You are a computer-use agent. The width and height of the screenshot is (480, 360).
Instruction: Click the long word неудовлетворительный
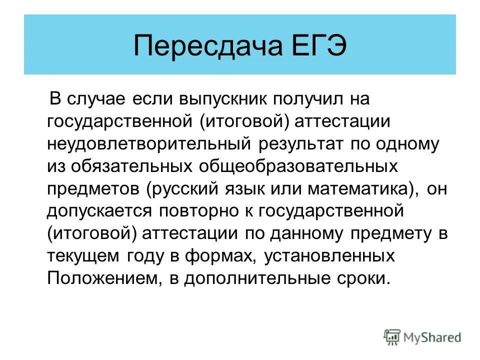point(148,144)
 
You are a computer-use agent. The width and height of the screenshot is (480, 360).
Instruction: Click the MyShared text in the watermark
point(432,337)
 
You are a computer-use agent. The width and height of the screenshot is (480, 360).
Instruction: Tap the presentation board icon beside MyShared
point(392,337)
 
